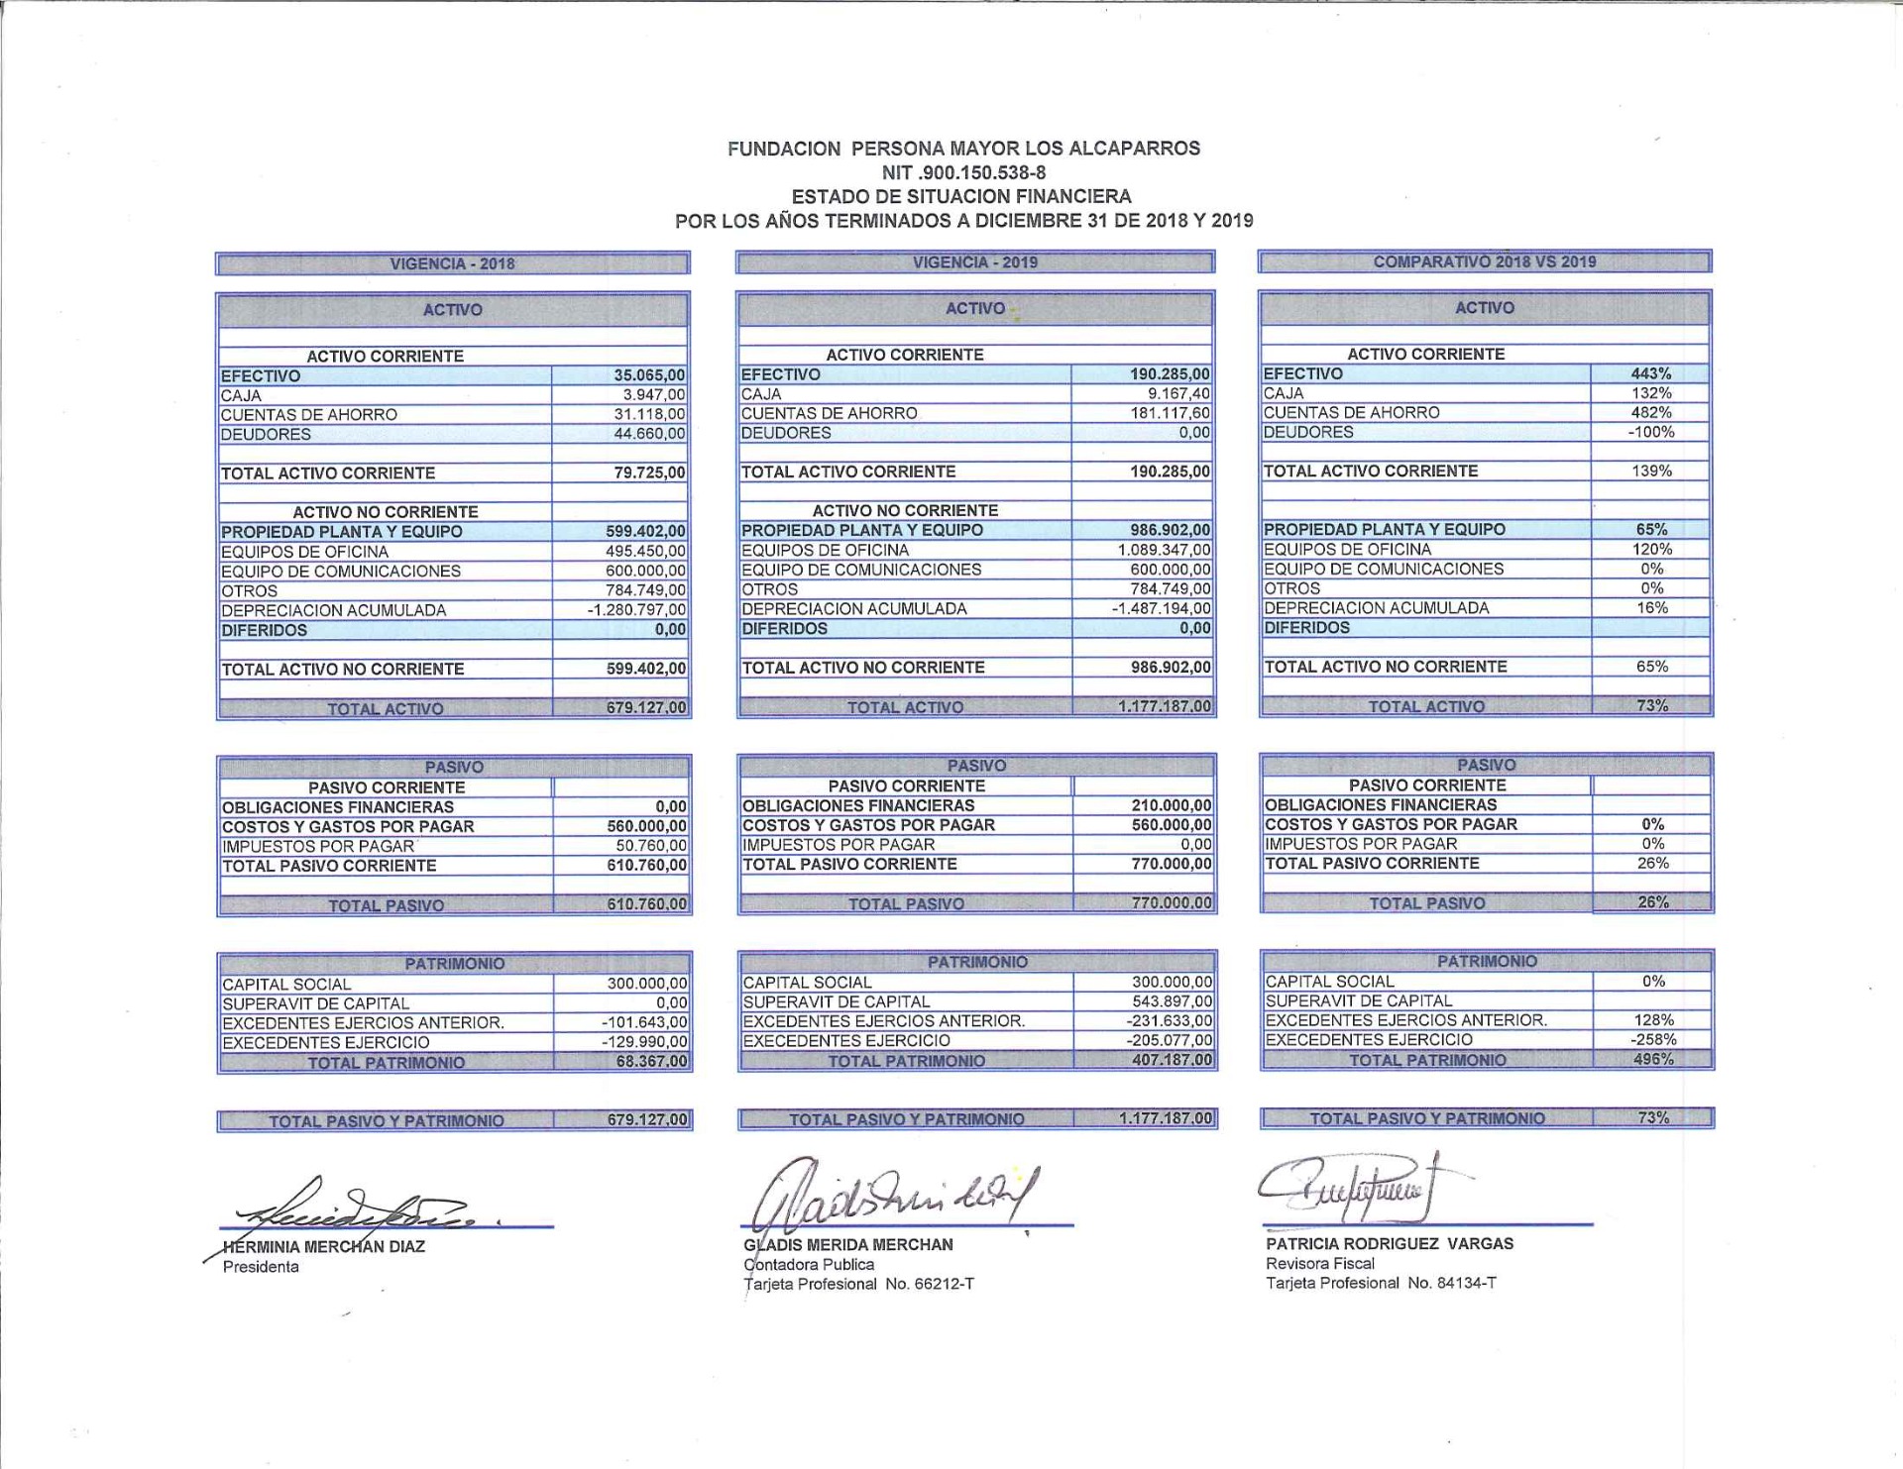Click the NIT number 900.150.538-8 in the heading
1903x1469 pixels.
click(963, 172)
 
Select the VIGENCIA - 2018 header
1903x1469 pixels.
click(452, 263)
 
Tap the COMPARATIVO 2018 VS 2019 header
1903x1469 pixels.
click(1484, 262)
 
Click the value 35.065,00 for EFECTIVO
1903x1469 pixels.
click(649, 375)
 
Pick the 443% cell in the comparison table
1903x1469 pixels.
click(1651, 373)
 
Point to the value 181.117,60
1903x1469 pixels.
click(1170, 413)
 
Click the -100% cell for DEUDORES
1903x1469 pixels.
click(1651, 432)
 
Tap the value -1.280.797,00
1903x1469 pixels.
click(636, 610)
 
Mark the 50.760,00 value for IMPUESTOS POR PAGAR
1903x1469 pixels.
click(650, 846)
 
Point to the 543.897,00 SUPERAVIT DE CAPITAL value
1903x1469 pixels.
click(1172, 1001)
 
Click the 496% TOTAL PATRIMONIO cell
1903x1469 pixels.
click(1653, 1059)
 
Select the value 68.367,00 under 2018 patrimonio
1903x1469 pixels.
click(651, 1062)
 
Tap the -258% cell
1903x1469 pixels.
click(1653, 1039)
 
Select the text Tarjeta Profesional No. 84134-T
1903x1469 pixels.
click(1381, 1283)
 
